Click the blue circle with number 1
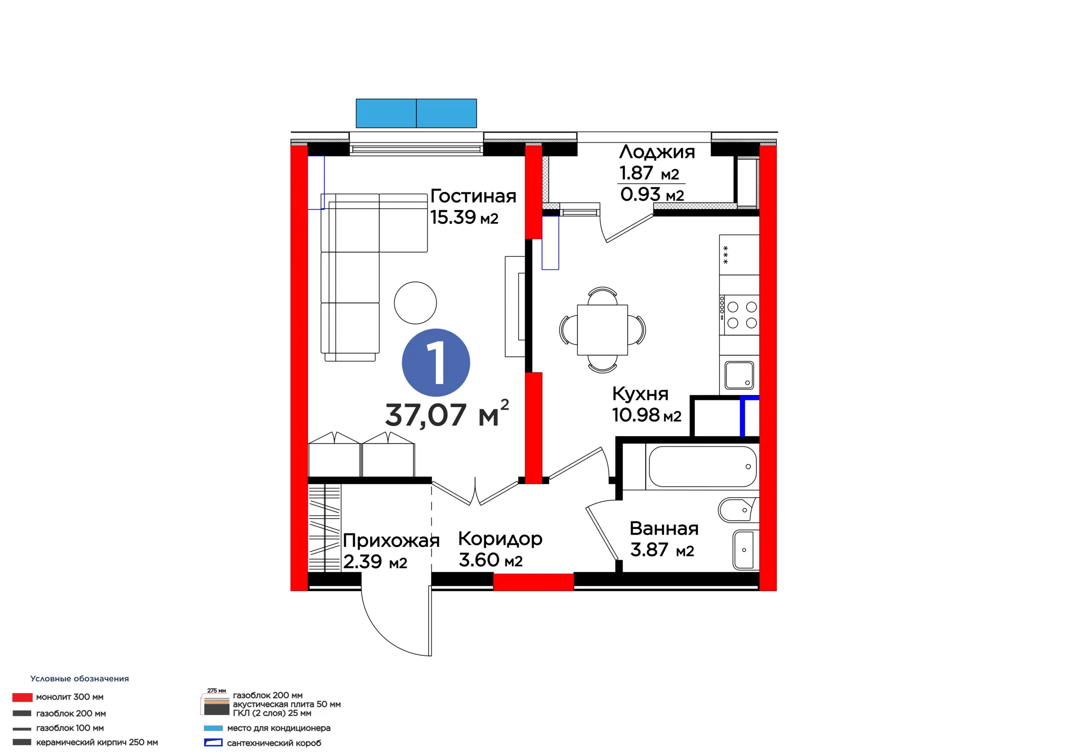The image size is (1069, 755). (x=436, y=362)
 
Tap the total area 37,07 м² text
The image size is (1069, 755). (x=447, y=413)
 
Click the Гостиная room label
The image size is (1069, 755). (x=473, y=196)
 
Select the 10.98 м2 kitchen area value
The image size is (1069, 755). (x=647, y=415)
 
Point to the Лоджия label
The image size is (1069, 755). (x=657, y=152)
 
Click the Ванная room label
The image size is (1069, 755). (x=664, y=528)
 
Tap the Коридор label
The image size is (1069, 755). (x=500, y=539)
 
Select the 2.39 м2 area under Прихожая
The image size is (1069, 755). (x=375, y=562)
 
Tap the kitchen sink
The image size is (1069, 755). (x=739, y=375)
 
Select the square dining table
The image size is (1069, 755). (x=603, y=330)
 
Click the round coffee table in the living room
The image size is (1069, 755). (x=415, y=303)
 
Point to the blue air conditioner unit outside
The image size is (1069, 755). (x=416, y=113)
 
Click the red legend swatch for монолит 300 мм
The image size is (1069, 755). (x=23, y=697)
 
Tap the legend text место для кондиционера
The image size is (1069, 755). (x=279, y=728)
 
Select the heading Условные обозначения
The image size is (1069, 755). (x=80, y=679)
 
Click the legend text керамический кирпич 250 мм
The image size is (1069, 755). (x=97, y=742)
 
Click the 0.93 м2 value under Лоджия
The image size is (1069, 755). (x=652, y=194)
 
